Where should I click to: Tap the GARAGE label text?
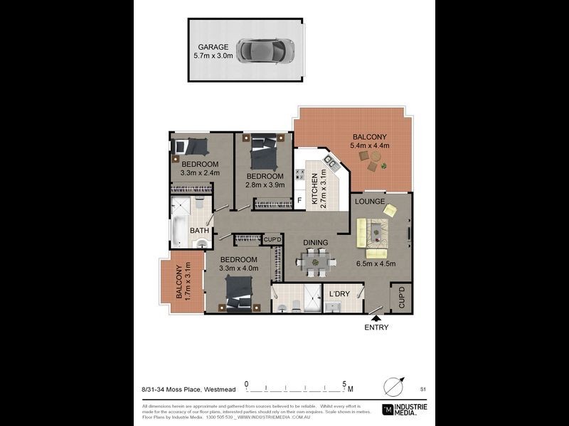213,46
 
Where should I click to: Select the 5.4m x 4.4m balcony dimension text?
368,146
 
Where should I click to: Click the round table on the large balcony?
373,165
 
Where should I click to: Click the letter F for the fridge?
299,201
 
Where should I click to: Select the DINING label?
316,243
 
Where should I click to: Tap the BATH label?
199,231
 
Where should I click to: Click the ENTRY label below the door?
376,327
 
